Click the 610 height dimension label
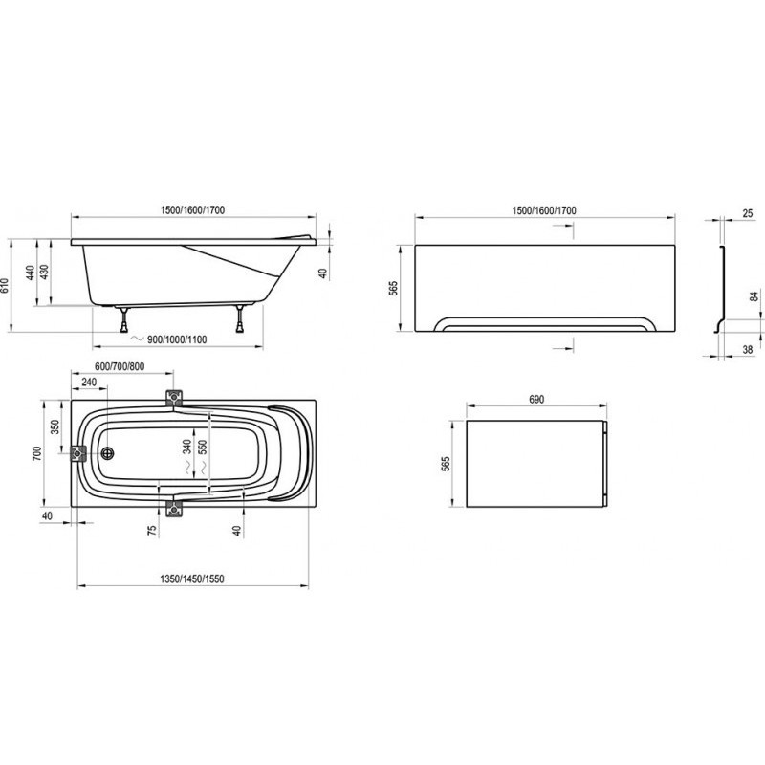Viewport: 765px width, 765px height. pyautogui.click(x=5, y=285)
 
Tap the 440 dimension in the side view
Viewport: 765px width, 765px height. pyautogui.click(x=31, y=273)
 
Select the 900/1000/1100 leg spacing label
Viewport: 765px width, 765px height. pyautogui.click(x=177, y=339)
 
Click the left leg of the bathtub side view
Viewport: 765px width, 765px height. pyautogui.click(x=125, y=319)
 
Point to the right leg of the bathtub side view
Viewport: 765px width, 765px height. pyautogui.click(x=240, y=318)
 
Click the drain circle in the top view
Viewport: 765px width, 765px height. pyautogui.click(x=108, y=453)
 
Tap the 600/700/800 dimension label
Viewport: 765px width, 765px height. pyautogui.click(x=120, y=366)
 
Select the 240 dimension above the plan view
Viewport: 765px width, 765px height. pyautogui.click(x=89, y=382)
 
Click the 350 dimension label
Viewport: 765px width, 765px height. pyautogui.click(x=55, y=427)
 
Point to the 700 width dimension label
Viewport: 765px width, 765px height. pyautogui.click(x=37, y=453)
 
